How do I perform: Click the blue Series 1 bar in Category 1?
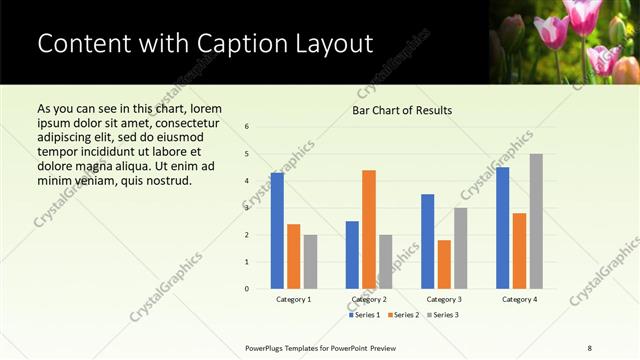click(277, 231)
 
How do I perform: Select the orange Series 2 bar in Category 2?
click(369, 229)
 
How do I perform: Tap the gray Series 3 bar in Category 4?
click(536, 221)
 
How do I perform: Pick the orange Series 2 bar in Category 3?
click(444, 264)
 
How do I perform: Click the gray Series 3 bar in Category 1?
click(310, 262)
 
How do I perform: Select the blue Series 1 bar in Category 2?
click(352, 255)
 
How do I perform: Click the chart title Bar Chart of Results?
click(402, 110)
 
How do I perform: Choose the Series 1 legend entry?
click(365, 315)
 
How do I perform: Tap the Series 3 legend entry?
click(443, 315)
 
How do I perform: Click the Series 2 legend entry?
click(404, 315)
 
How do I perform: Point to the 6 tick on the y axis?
click(247, 126)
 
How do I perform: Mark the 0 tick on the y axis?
click(247, 289)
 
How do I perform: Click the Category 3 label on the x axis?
click(444, 299)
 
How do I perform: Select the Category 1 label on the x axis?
click(294, 299)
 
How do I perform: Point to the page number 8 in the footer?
click(590, 347)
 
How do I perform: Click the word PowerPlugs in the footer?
click(267, 347)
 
